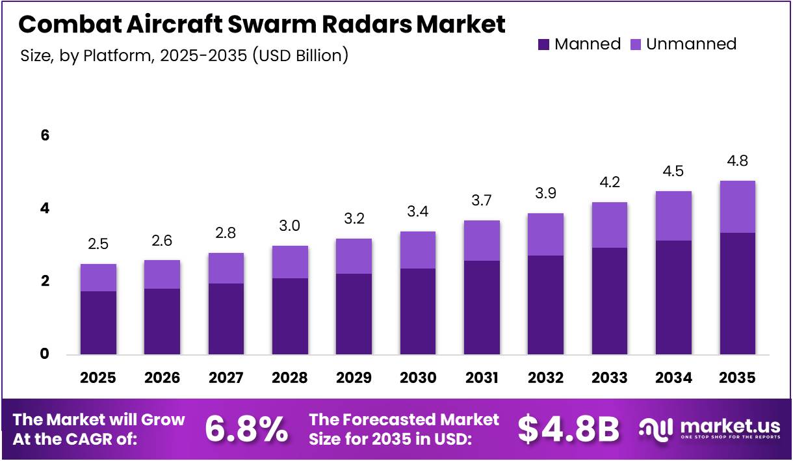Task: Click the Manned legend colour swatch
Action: click(543, 44)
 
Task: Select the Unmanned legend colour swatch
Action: click(635, 44)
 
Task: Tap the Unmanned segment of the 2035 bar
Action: click(737, 207)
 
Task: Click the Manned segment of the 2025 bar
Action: click(99, 323)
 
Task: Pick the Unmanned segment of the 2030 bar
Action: click(418, 250)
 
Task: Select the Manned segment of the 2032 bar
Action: click(545, 305)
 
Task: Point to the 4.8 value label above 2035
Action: click(737, 161)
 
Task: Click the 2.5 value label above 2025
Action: click(99, 244)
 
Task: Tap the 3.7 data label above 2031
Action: click(482, 201)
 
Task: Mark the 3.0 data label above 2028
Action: click(290, 226)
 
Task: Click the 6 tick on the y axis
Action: click(45, 136)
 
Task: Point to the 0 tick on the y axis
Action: click(45, 354)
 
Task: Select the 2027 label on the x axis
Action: click(226, 378)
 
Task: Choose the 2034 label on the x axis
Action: click(673, 378)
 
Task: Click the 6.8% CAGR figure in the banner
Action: click(246, 428)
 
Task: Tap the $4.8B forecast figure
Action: click(569, 428)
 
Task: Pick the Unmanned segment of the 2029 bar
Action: click(354, 256)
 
